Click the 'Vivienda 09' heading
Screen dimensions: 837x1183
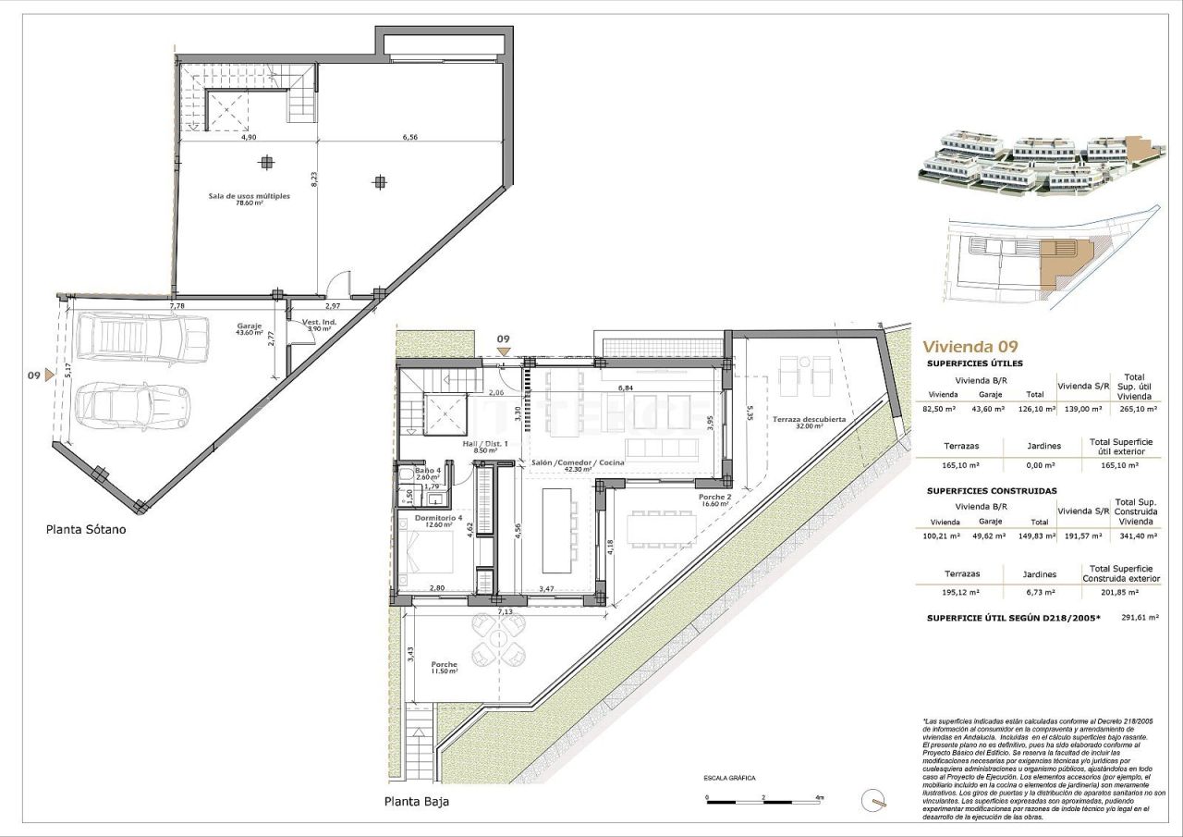(x=970, y=347)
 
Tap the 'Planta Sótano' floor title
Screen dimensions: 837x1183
(x=86, y=531)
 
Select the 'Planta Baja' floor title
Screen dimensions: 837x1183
(x=417, y=801)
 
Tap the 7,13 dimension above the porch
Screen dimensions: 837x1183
(x=505, y=611)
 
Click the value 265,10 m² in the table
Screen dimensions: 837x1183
(x=1134, y=408)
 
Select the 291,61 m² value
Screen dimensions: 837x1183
(x=1140, y=616)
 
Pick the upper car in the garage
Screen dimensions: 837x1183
(x=143, y=338)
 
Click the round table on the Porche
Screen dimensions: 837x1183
(x=498, y=640)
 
